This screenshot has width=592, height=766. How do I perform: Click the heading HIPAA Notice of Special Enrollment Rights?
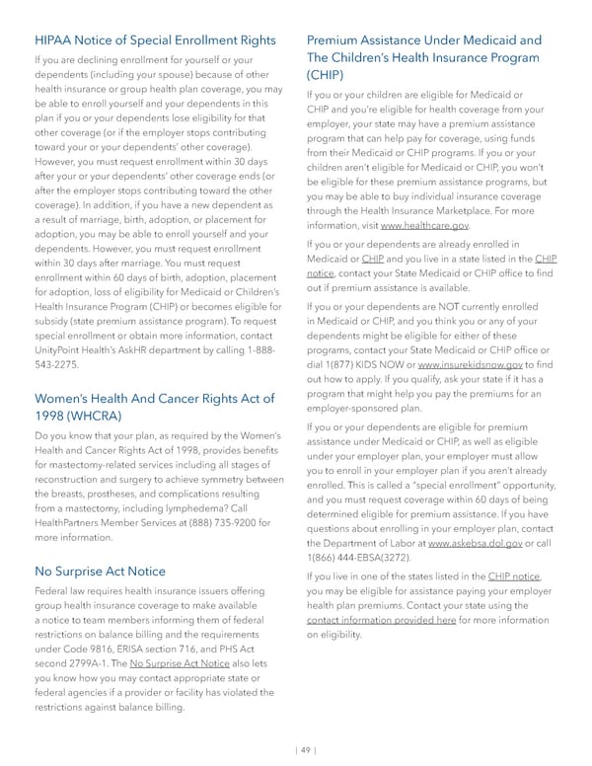(155, 40)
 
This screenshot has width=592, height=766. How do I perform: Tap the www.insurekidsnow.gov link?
(473, 364)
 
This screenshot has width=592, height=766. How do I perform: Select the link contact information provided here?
(381, 620)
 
